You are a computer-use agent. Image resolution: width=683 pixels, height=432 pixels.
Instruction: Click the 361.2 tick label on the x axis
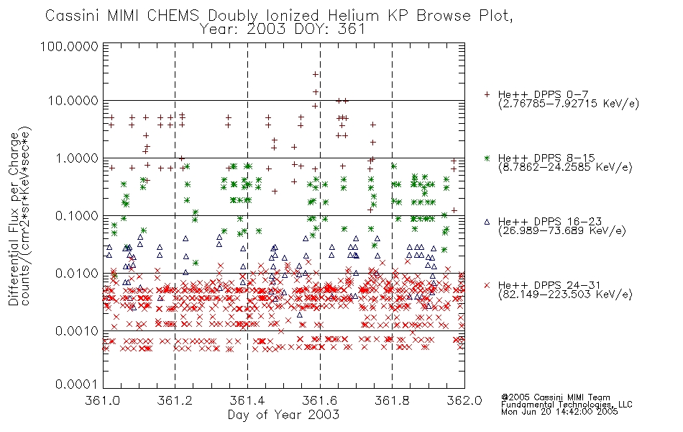coord(175,400)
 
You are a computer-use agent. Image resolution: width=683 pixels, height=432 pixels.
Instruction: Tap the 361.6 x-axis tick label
coord(320,400)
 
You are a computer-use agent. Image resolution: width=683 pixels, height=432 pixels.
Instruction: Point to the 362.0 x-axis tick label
coord(464,400)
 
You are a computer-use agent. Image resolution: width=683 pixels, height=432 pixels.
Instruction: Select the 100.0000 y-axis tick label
coord(70,46)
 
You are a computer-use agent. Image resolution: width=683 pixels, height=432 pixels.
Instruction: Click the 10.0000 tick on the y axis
coord(73,101)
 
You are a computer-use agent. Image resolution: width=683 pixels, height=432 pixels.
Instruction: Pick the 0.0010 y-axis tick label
coord(77,331)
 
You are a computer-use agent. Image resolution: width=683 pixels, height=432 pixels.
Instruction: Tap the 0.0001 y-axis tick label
coord(77,384)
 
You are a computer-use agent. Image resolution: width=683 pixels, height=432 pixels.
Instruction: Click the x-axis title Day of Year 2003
coord(283,415)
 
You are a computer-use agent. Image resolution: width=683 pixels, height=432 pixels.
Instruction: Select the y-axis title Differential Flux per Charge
coord(14,219)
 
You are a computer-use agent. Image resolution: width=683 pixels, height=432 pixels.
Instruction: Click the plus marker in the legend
coord(487,94)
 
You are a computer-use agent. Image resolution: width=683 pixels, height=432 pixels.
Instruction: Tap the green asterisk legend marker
coord(487,158)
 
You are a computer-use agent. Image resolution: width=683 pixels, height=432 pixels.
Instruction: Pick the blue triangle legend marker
coord(487,222)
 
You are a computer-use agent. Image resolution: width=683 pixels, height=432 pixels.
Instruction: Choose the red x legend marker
coord(487,285)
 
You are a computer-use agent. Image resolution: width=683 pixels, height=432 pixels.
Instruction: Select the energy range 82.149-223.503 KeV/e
coord(565,294)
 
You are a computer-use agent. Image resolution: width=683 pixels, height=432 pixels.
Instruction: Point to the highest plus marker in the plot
coord(316,74)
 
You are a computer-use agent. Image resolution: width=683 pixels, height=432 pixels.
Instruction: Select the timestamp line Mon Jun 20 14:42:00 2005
coord(559,412)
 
